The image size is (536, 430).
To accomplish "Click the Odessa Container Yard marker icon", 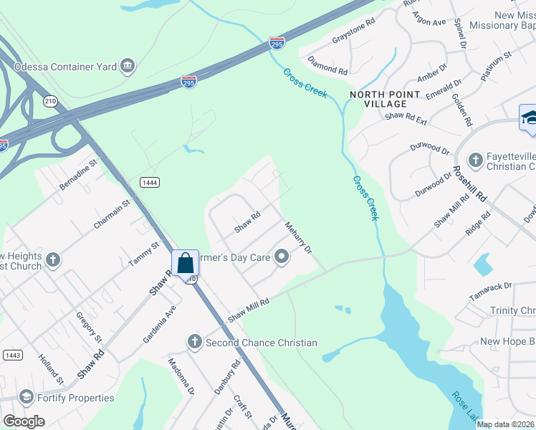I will click(x=128, y=67).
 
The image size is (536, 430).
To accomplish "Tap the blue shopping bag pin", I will click(x=185, y=262).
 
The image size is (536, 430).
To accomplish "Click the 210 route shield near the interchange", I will click(x=50, y=101).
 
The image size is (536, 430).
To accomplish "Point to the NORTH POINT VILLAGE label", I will click(x=378, y=99).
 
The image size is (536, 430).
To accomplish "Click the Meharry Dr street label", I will click(x=299, y=237).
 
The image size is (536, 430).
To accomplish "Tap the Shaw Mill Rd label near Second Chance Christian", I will click(x=248, y=310).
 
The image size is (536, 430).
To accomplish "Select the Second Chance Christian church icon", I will click(x=193, y=343).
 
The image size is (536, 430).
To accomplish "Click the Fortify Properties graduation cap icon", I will click(x=26, y=398).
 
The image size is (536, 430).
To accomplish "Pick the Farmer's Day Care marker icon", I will click(x=282, y=257).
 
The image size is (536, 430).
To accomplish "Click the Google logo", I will click(x=23, y=421).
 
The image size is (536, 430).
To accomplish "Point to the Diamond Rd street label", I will click(x=327, y=67).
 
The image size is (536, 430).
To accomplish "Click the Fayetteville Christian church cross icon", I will click(x=474, y=160).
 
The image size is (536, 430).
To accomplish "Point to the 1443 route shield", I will click(x=11, y=355).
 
